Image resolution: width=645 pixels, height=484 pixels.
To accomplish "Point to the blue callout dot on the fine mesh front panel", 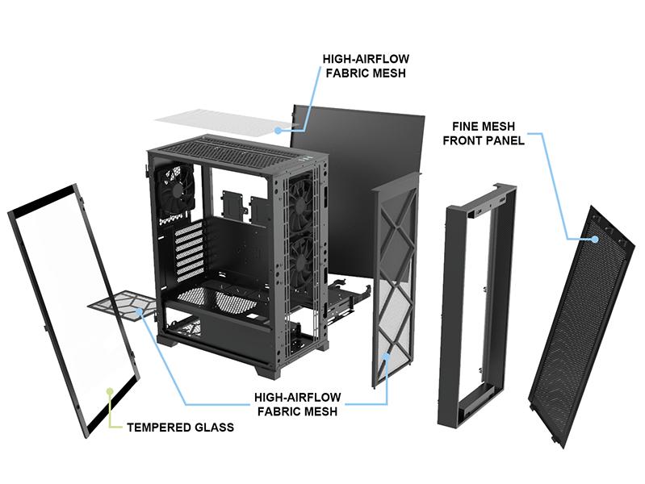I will pyautogui.click(x=594, y=238).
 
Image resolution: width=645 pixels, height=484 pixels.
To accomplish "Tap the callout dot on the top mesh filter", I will pyautogui.click(x=277, y=128).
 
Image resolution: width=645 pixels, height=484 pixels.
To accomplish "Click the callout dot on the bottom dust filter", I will pyautogui.click(x=140, y=311).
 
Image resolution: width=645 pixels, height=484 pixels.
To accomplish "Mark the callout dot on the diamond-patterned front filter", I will pyautogui.click(x=387, y=355).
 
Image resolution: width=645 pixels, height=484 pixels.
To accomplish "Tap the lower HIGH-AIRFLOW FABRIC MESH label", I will pyautogui.click(x=297, y=405).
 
